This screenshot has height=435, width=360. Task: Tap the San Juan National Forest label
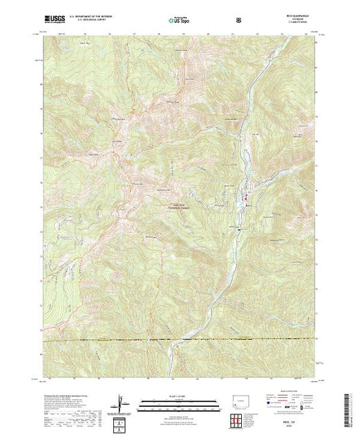pyautogui.click(x=178, y=204)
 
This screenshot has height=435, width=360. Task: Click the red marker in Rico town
pyautogui.click(x=243, y=201)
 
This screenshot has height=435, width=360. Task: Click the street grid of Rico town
pyautogui.click(x=246, y=195)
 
